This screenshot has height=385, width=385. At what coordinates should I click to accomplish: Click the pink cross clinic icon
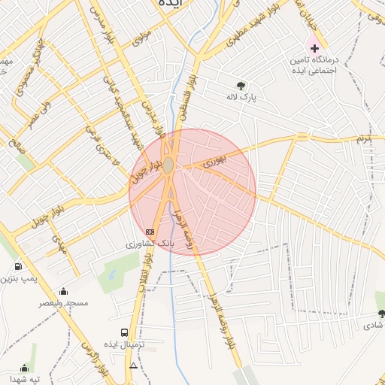click(x=314, y=48)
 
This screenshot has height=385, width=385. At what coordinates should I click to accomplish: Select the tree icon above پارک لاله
click(x=241, y=86)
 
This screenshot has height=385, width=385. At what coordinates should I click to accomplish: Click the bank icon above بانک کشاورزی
click(x=150, y=232)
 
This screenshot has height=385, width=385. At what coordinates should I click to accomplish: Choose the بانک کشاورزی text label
click(x=150, y=244)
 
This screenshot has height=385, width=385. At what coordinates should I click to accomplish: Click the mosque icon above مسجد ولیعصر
click(x=63, y=291)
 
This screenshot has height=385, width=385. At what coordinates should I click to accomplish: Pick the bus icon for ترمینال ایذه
click(x=123, y=332)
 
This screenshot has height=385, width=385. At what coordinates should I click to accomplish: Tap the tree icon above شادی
click(x=380, y=314)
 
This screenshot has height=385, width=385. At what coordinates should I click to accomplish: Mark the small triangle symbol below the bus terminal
click(x=134, y=366)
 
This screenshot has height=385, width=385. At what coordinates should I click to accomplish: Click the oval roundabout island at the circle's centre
click(x=170, y=165)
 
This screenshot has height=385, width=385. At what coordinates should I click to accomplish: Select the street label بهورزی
click(x=214, y=160)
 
